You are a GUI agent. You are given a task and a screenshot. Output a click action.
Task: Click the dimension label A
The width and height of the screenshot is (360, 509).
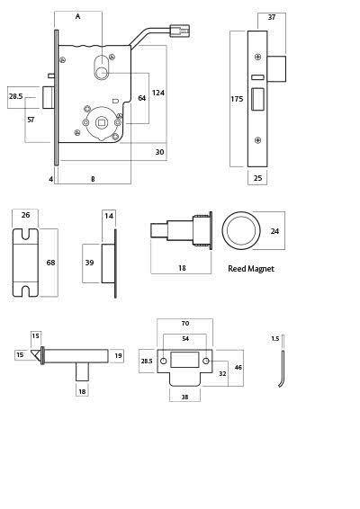[x=77, y=16]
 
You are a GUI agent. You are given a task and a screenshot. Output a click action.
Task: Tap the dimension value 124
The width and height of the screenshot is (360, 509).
[x=158, y=93]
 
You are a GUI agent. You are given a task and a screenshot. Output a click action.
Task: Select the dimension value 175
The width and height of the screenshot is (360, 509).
[x=237, y=99]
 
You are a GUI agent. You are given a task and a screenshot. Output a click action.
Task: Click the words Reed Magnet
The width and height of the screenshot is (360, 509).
[x=251, y=269]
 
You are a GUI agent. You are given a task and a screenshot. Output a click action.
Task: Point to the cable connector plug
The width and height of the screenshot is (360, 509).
[x=180, y=31]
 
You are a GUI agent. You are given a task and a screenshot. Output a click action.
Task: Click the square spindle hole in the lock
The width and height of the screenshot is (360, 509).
[x=102, y=122]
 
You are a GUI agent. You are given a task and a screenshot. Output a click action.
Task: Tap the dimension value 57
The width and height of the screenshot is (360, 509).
[x=31, y=121]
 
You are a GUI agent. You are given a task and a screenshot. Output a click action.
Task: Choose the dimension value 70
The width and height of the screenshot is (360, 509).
[x=185, y=324]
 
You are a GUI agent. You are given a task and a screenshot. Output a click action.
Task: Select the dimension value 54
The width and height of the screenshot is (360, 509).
[x=185, y=338]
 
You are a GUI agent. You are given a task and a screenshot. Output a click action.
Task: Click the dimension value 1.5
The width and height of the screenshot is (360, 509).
[x=274, y=339]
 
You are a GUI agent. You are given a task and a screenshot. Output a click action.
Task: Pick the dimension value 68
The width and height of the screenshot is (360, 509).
[x=50, y=263]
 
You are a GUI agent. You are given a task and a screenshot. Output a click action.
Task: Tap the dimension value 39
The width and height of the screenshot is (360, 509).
[x=89, y=263]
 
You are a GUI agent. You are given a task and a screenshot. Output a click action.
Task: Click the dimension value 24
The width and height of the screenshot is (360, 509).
[x=274, y=231]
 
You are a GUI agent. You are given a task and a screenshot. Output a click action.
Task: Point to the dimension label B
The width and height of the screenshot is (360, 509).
[x=93, y=179]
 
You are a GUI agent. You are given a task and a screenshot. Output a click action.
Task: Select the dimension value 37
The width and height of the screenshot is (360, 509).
[x=272, y=17]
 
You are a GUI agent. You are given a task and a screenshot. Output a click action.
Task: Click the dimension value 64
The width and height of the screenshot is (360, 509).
[x=142, y=98]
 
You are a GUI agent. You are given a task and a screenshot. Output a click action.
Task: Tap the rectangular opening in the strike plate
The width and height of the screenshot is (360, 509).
[x=184, y=360]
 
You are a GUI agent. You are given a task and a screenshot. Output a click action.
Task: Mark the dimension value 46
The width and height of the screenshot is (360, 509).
[x=238, y=368]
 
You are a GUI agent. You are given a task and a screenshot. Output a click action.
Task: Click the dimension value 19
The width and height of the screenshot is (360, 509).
[x=118, y=356]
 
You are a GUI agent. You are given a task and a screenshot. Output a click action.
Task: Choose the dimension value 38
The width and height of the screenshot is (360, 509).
[x=184, y=397]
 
